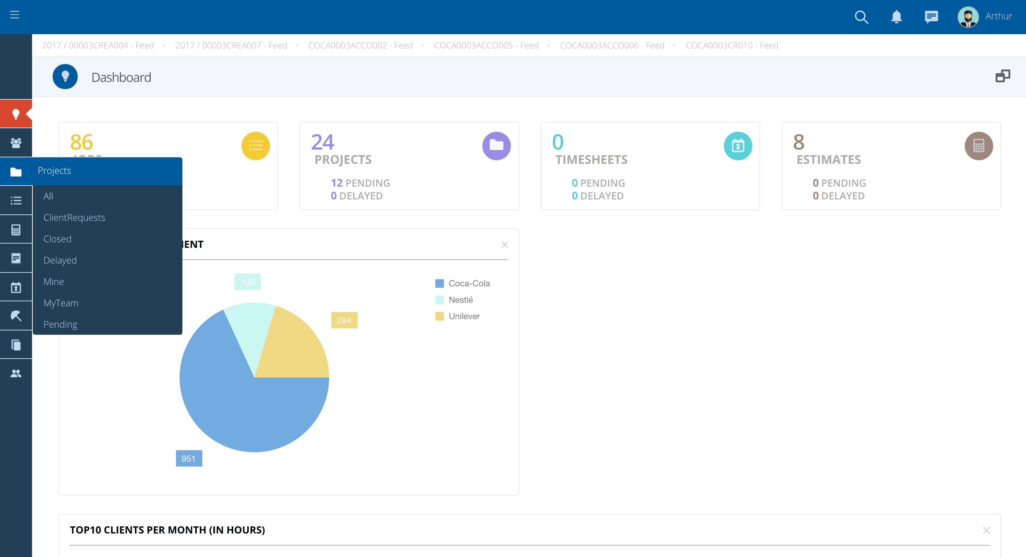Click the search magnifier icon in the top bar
[x=861, y=17]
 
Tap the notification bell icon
[x=896, y=17]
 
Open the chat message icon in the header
[x=931, y=17]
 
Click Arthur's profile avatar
[x=968, y=17]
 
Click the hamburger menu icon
[x=15, y=15]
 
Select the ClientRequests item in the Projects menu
[x=74, y=217]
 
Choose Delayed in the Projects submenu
[x=60, y=260]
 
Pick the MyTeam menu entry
[x=61, y=303]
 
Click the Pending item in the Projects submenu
[x=60, y=324]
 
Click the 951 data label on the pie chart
[x=189, y=458]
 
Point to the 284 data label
[x=344, y=320]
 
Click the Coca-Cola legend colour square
[x=439, y=283]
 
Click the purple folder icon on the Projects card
[x=496, y=146]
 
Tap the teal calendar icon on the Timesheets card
[x=738, y=146]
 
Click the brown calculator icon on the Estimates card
[x=979, y=146]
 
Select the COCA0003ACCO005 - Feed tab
[x=486, y=45]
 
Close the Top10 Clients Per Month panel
[x=986, y=530]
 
